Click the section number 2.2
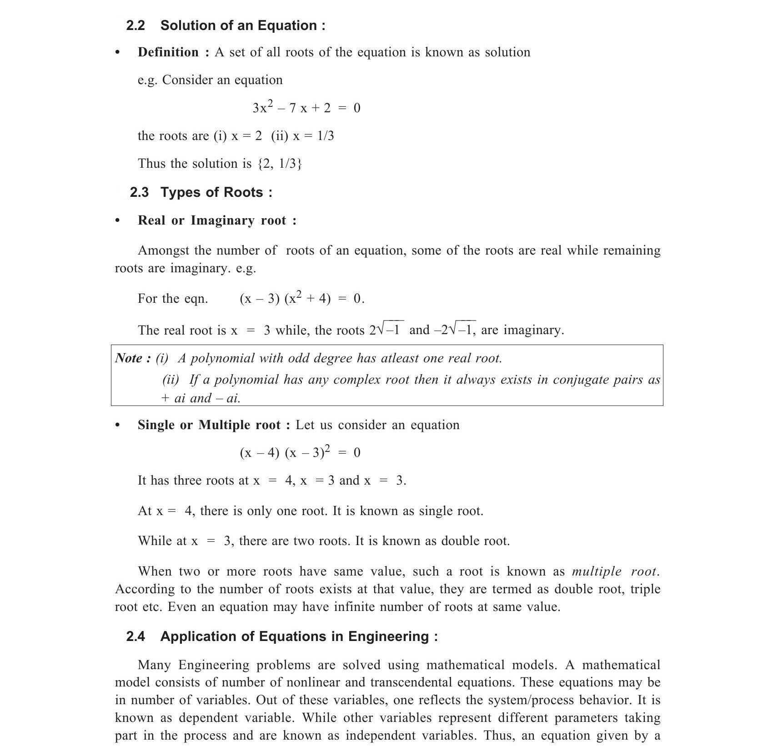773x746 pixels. [136, 25]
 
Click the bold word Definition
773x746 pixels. [168, 52]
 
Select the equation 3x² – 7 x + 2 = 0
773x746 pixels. [306, 108]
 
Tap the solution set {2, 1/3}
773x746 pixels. [280, 164]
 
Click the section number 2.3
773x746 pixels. [139, 192]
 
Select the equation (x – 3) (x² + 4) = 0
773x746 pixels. [301, 298]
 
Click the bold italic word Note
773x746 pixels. [129, 358]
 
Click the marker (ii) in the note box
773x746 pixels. [171, 380]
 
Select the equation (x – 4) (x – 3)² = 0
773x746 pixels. [300, 452]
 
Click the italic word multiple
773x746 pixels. [597, 571]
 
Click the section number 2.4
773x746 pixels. [136, 636]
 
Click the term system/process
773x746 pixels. [530, 701]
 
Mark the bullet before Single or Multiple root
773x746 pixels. [118, 426]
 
